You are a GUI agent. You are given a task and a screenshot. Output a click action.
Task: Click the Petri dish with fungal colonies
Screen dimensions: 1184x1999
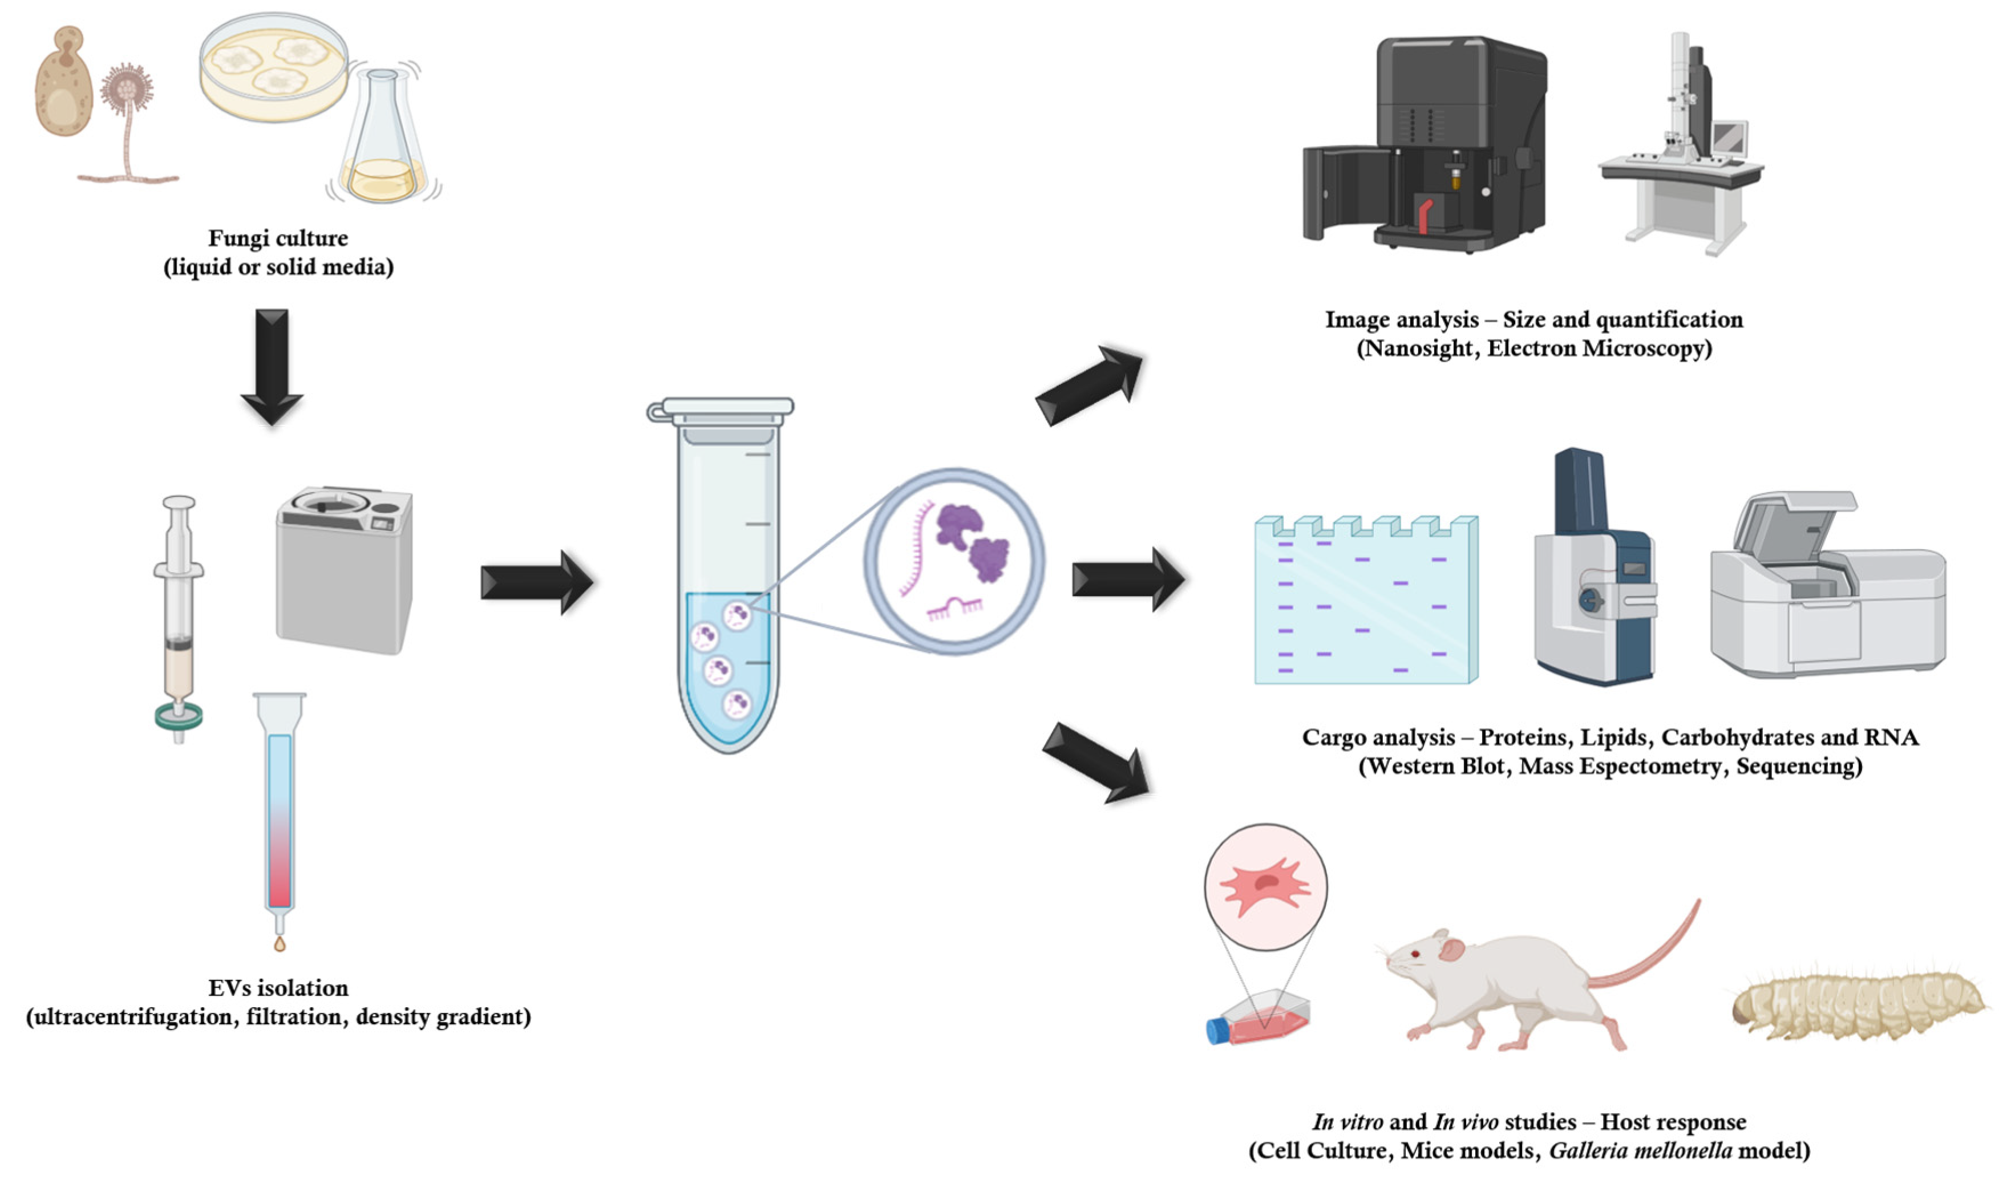tap(274, 68)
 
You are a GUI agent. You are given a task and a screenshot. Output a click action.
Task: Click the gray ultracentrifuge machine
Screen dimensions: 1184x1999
tap(344, 570)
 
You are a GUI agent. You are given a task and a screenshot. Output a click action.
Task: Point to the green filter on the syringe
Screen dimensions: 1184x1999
tap(179, 716)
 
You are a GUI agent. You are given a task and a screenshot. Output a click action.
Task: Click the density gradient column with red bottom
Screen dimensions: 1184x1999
tap(280, 822)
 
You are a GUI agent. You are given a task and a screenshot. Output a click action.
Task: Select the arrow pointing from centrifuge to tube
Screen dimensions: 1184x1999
tap(536, 582)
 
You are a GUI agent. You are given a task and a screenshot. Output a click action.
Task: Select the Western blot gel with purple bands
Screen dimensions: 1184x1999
tap(1365, 602)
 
